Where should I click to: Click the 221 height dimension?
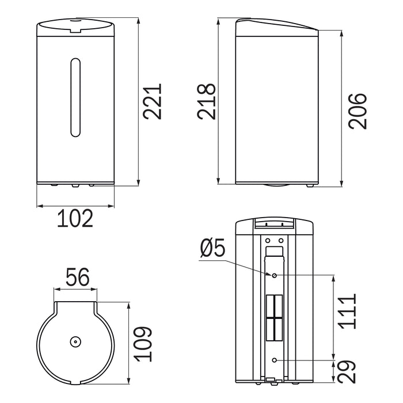click(153, 101)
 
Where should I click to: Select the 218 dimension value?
click(207, 101)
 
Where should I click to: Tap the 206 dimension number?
click(356, 111)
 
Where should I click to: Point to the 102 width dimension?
click(75, 219)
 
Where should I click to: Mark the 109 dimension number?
click(144, 344)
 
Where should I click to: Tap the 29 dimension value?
click(347, 373)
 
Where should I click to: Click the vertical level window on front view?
click(75, 98)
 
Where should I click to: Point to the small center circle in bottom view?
click(74, 342)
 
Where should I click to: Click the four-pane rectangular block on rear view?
click(274, 315)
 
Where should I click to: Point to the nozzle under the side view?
click(276, 185)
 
